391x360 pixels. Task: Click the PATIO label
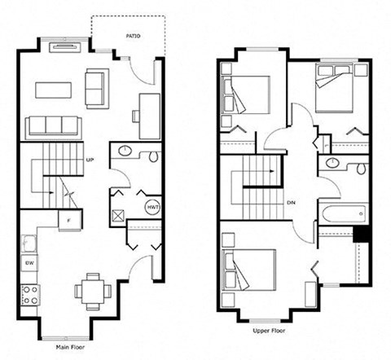click(x=133, y=36)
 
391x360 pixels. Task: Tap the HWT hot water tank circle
click(x=152, y=208)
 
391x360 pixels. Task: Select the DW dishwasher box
click(x=29, y=263)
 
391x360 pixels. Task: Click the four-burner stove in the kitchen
click(x=30, y=295)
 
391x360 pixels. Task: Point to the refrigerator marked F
click(x=70, y=221)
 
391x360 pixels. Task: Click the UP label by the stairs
click(x=90, y=160)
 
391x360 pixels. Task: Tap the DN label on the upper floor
click(x=291, y=203)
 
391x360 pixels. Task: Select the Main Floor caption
click(x=70, y=347)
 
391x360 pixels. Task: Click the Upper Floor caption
click(x=269, y=331)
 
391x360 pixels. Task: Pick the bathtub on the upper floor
click(x=344, y=213)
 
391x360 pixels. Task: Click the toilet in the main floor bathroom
click(x=153, y=156)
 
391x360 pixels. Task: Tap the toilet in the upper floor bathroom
click(x=361, y=169)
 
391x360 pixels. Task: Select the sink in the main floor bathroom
click(x=125, y=150)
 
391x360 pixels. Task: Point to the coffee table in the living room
click(x=53, y=90)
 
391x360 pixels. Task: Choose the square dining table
click(x=93, y=292)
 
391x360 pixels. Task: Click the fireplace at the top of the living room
click(x=66, y=47)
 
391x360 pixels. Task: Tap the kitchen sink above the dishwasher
click(x=29, y=244)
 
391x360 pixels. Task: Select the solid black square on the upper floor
click(x=361, y=234)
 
